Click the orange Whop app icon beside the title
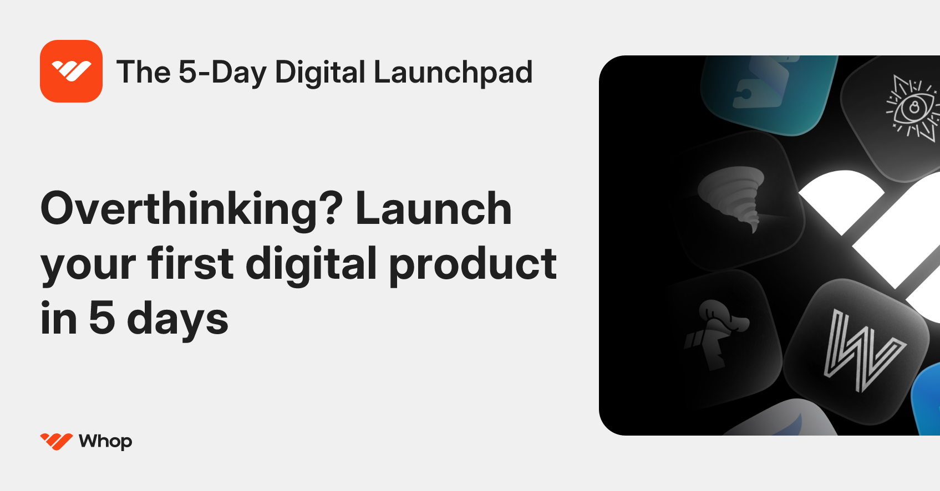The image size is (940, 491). tap(71, 71)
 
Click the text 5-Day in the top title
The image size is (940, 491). tap(222, 73)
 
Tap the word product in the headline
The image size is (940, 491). tap(473, 265)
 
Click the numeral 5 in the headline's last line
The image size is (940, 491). tap(102, 319)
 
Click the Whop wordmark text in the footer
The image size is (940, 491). tap(105, 442)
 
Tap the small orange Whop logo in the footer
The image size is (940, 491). tap(56, 441)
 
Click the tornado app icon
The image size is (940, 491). tap(738, 200)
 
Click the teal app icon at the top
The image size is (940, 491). tap(768, 91)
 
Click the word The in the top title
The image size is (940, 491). tap(143, 73)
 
